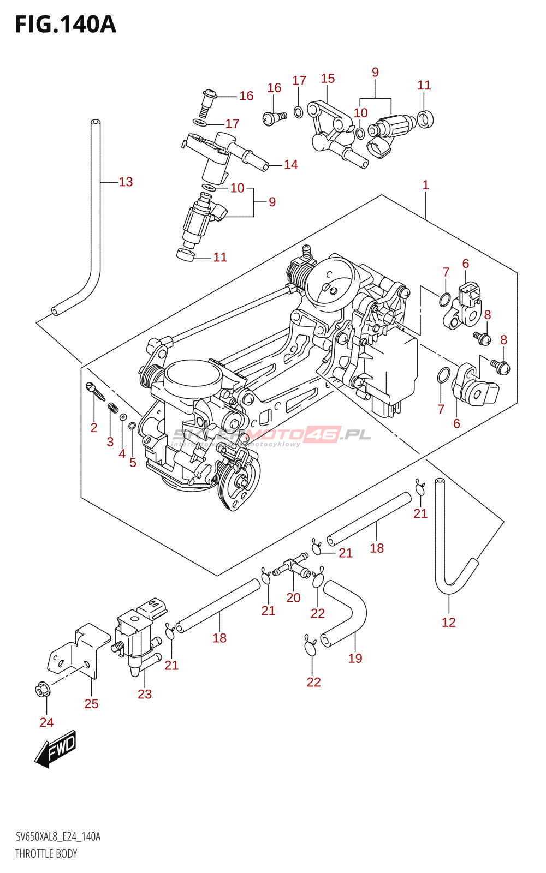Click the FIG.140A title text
pos(66,25)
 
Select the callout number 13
pos(126,182)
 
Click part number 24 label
pos(46,722)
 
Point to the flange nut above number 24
pos(43,690)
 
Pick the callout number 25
pos(91,704)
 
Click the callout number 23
pos(144,694)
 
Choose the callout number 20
pos(293,597)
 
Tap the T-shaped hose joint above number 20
pos(292,566)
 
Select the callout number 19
pos(355,658)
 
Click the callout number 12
pos(448,622)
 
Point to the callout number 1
pos(426,186)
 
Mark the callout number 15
pos(328,79)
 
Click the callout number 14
pos(291,164)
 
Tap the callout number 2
pos(94,428)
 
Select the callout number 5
pos(133,463)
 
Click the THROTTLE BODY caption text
pos(46,853)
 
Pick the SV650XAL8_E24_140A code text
pos(58,836)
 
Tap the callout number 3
pos(110,441)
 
